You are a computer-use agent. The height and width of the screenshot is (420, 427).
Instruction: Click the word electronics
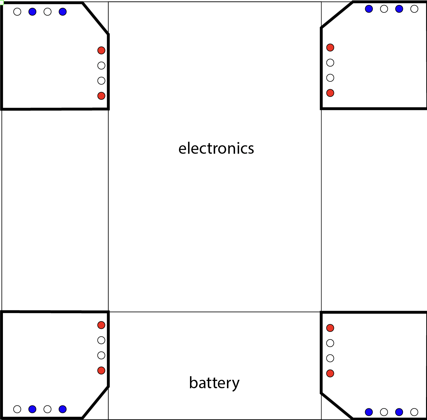tap(216, 148)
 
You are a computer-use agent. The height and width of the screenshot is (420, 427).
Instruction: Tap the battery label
tap(214, 382)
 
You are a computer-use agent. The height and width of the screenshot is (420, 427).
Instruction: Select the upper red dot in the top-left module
tap(101, 50)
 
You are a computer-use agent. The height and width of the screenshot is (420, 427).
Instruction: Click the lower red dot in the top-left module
tap(101, 96)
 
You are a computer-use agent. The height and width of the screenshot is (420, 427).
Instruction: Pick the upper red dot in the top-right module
tap(330, 47)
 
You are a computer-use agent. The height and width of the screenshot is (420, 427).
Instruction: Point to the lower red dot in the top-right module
tap(330, 93)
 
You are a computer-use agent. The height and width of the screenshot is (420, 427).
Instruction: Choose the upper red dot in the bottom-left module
tap(101, 325)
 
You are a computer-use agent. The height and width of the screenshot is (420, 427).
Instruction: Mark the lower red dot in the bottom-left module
tap(101, 371)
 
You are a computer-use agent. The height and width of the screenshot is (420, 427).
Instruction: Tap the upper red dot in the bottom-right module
tap(330, 328)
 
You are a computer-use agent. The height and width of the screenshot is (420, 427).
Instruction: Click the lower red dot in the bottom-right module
tap(330, 373)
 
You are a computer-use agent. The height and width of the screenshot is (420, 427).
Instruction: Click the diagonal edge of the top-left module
tap(96, 18)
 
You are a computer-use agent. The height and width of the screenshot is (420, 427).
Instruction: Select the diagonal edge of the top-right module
tap(337, 15)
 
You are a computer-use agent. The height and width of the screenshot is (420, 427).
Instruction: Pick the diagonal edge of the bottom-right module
tap(337, 406)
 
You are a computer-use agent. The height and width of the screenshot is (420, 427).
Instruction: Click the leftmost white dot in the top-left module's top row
tap(17, 12)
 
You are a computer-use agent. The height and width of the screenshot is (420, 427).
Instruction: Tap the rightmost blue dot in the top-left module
tap(63, 12)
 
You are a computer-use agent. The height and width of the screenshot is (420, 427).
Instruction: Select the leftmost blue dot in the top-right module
tap(369, 9)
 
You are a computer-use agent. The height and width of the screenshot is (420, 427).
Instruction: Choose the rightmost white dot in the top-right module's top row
tap(414, 9)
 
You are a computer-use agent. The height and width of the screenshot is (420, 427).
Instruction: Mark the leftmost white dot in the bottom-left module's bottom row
tap(17, 409)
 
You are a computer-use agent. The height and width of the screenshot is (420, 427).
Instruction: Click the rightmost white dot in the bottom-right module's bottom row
tap(414, 412)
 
